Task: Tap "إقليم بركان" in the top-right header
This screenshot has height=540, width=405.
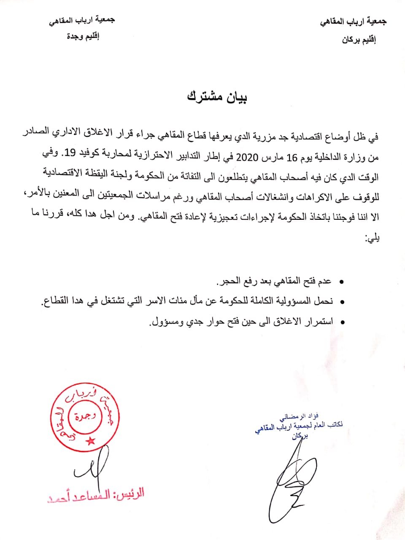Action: pyautogui.click(x=359, y=40)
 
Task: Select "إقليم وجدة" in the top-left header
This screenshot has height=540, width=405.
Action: pyautogui.click(x=84, y=36)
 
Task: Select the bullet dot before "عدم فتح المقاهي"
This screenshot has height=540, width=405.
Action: pyautogui.click(x=341, y=281)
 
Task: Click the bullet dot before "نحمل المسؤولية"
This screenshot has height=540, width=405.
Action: pyautogui.click(x=341, y=302)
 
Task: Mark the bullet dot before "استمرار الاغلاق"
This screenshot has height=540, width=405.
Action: pyautogui.click(x=341, y=322)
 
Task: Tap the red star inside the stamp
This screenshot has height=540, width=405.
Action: pyautogui.click(x=90, y=441)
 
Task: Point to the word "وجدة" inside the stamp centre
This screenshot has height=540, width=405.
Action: pyautogui.click(x=85, y=417)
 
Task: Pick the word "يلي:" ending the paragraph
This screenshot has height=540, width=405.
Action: pyautogui.click(x=372, y=240)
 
